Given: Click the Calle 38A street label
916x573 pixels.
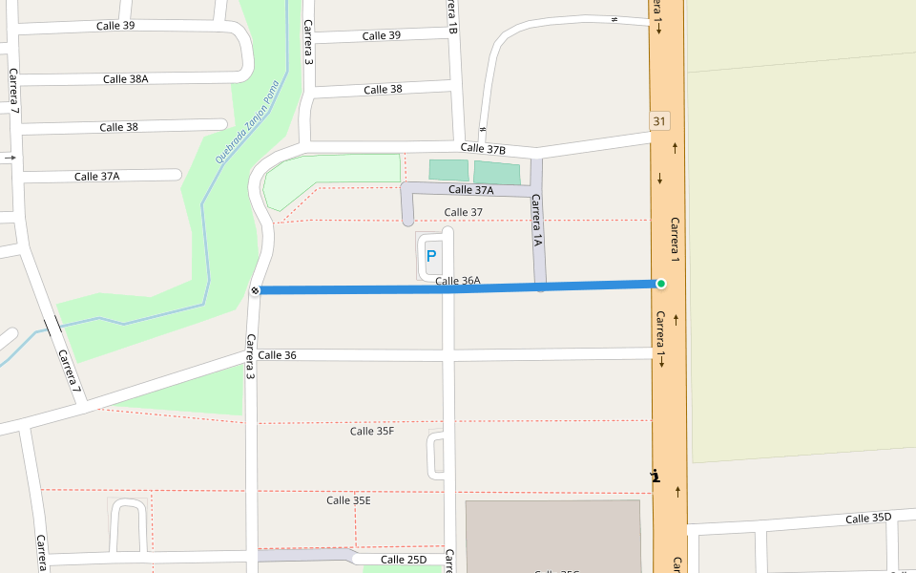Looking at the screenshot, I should pyautogui.click(x=125, y=79).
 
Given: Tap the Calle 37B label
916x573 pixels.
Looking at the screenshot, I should pyautogui.click(x=483, y=148).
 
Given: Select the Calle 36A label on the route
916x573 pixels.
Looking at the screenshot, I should pyautogui.click(x=458, y=281).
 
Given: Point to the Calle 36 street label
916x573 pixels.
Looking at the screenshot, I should pyautogui.click(x=277, y=355).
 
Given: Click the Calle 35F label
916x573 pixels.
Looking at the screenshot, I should pyautogui.click(x=371, y=431).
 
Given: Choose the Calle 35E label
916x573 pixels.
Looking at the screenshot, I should pyautogui.click(x=348, y=500).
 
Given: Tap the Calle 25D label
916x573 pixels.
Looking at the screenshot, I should pyautogui.click(x=404, y=560).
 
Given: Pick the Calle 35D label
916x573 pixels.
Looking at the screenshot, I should pyautogui.click(x=867, y=518).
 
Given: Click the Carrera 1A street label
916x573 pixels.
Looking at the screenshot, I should pyautogui.click(x=537, y=222).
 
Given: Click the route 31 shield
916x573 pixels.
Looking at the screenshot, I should pyautogui.click(x=659, y=121).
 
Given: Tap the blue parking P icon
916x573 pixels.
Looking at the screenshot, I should pyautogui.click(x=431, y=256).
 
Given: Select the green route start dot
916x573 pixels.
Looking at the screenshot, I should pyautogui.click(x=660, y=284).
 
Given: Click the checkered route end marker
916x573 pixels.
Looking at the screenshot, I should pyautogui.click(x=255, y=290).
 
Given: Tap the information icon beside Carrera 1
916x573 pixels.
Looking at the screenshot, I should pyautogui.click(x=655, y=476).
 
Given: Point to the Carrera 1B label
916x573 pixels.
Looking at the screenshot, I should pyautogui.click(x=452, y=17).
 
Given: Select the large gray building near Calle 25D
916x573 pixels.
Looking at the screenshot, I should pyautogui.click(x=553, y=535).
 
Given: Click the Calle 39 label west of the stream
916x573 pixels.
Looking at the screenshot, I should pyautogui.click(x=115, y=26).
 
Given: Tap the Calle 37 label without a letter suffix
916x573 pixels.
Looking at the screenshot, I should pyautogui.click(x=464, y=212).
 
